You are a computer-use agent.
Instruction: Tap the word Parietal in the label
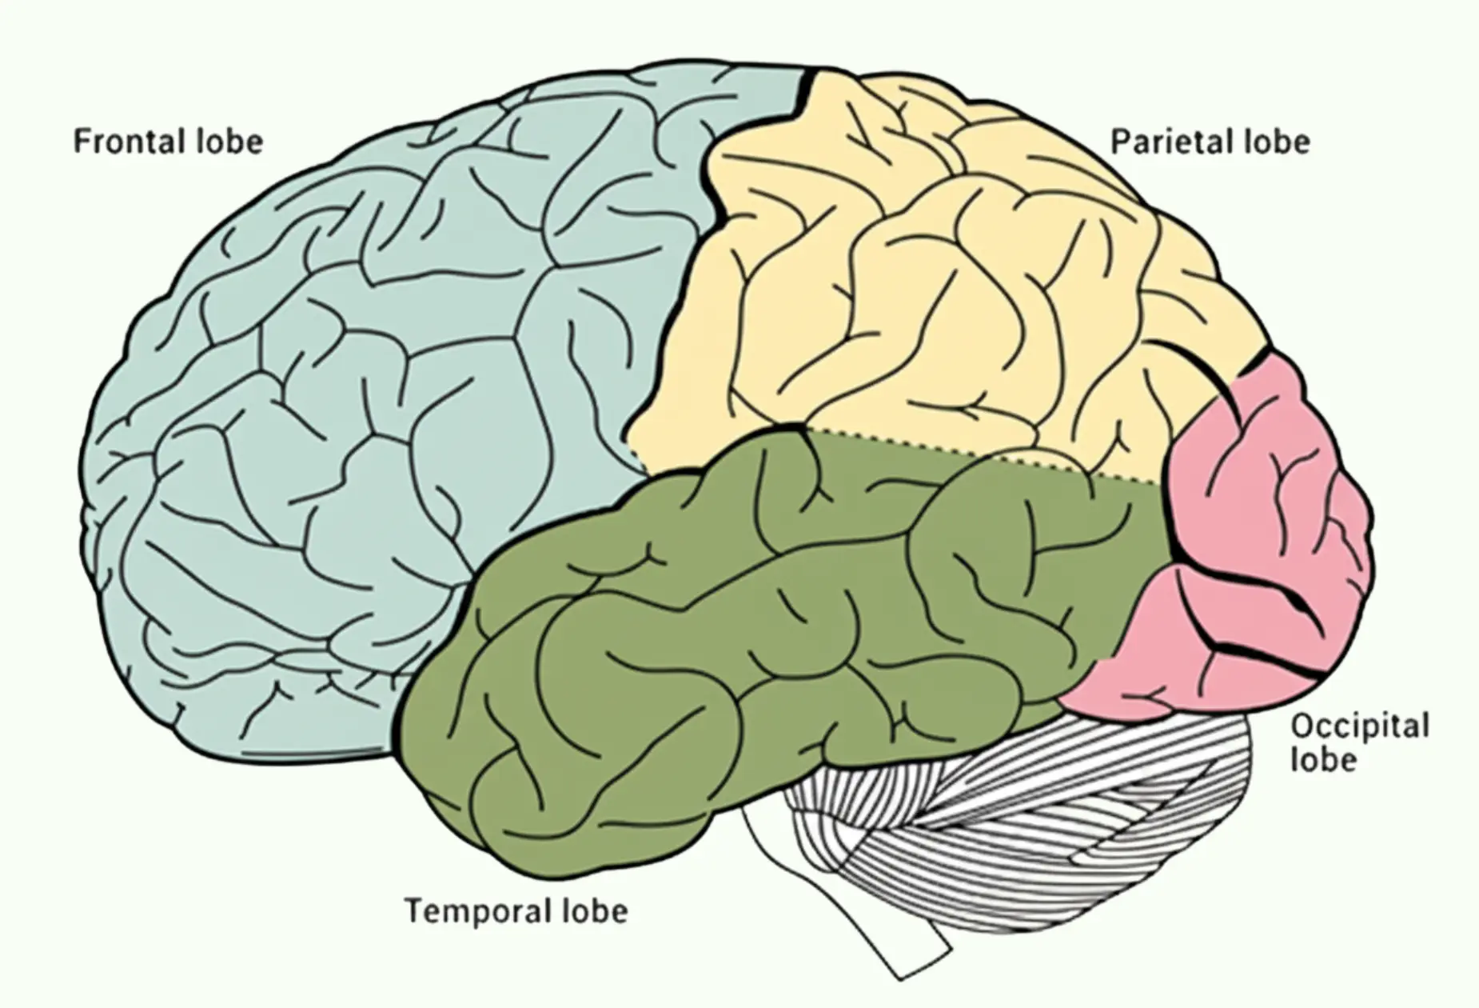(x=1162, y=142)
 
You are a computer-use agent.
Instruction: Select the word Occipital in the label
(x=1360, y=726)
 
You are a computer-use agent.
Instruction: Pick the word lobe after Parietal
(x=1277, y=142)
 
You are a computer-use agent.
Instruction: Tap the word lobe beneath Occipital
(x=1324, y=759)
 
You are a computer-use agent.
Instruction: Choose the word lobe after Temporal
(x=594, y=910)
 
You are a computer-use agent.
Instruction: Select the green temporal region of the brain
(x=720, y=640)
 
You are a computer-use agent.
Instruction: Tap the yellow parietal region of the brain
(x=919, y=280)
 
